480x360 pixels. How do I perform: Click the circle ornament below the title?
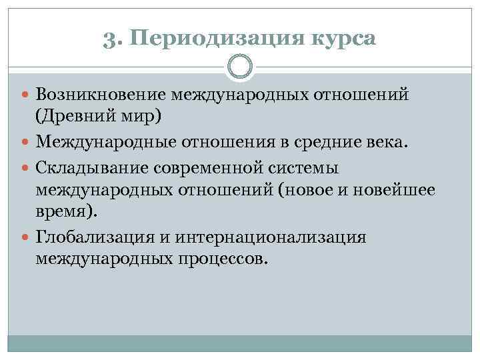(x=240, y=67)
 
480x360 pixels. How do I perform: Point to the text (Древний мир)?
(x=99, y=117)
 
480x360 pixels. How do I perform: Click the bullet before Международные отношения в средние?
(x=26, y=141)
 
